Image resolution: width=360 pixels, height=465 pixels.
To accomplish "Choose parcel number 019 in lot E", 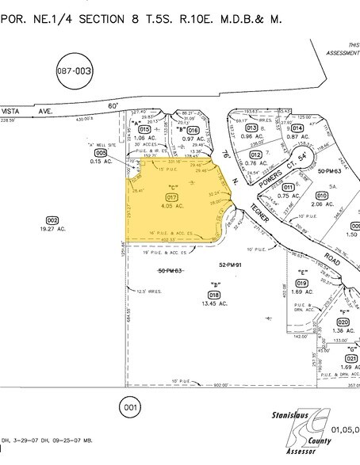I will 301,283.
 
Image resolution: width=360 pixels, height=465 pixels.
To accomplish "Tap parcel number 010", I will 322,195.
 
